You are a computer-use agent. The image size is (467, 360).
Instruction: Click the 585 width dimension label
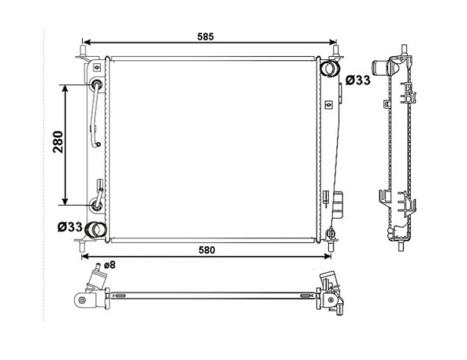pos(206,36)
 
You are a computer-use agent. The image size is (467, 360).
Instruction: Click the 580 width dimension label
pos(207,250)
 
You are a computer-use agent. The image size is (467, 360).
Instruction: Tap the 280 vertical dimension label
pos(58,142)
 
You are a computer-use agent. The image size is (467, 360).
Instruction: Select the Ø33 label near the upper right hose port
pos(357,81)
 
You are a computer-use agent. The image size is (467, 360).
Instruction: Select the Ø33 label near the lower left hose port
pos(70,227)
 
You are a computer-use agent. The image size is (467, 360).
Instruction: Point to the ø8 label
pos(110,264)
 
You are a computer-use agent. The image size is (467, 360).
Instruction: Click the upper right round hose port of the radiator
pos(330,68)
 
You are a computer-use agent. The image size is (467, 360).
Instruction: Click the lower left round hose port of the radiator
pos(95,230)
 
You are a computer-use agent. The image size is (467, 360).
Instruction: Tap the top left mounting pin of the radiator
pos(83,50)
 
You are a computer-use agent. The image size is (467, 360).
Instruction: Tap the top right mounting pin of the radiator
pos(336,50)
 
